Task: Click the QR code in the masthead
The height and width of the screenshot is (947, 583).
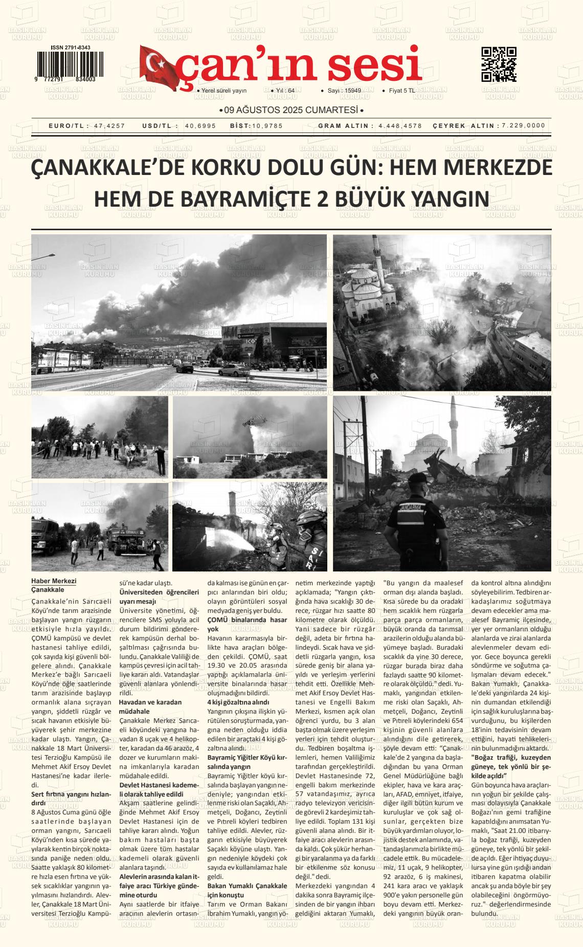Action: pyautogui.click(x=499, y=64)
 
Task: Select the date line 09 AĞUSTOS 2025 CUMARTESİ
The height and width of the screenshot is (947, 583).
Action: pyautogui.click(x=291, y=110)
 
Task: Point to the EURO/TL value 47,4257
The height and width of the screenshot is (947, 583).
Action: pyautogui.click(x=109, y=126)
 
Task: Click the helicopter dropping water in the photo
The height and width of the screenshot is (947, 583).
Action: pyautogui.click(x=254, y=421)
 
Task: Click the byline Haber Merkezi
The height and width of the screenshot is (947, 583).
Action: pyautogui.click(x=54, y=581)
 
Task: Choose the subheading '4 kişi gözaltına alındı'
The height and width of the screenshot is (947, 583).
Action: pyautogui.click(x=238, y=702)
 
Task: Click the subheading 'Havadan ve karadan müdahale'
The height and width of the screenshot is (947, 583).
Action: pyautogui.click(x=150, y=707)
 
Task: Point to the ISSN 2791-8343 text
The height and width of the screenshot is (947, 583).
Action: pyautogui.click(x=71, y=48)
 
